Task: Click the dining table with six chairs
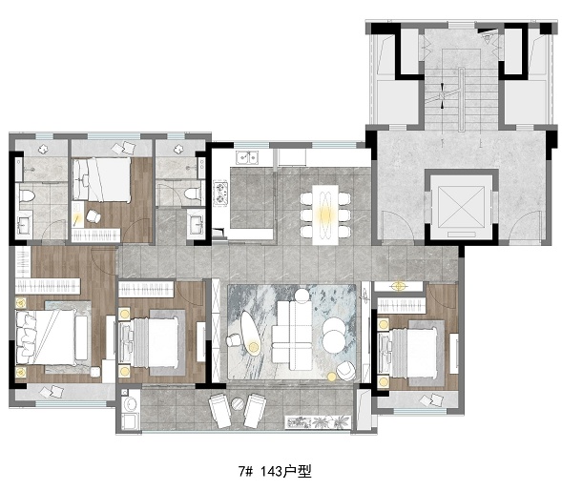pyautogui.click(x=325, y=214)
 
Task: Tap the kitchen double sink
pyautogui.click(x=247, y=157)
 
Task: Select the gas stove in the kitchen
pyautogui.click(x=220, y=194)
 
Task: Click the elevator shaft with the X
pyautogui.click(x=461, y=207)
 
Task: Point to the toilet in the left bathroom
pyautogui.click(x=27, y=195)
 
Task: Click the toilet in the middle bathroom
pyautogui.click(x=193, y=194)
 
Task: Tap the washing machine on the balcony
pyautogui.click(x=130, y=403)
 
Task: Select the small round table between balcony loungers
pyautogui.click(x=238, y=404)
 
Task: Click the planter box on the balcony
pyautogui.click(x=318, y=422)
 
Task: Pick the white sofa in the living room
pyautogui.click(x=292, y=336)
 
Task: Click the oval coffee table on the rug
pyautogui.click(x=250, y=334)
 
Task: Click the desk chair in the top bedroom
pyautogui.click(x=93, y=216)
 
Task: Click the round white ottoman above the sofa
pyautogui.click(x=302, y=296)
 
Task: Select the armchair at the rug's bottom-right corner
pyautogui.click(x=345, y=371)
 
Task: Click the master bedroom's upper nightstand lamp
pyautogui.click(x=21, y=303)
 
